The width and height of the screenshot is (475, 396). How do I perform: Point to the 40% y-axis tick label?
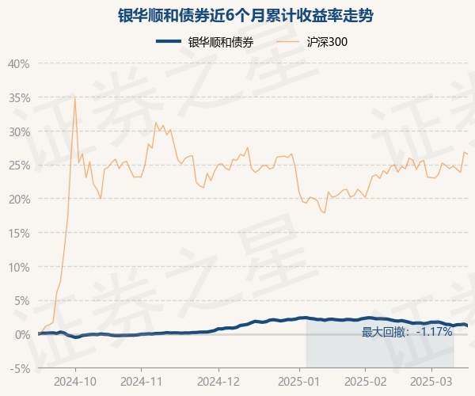pyautogui.click(x=18, y=63)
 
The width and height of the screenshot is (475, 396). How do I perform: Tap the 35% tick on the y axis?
pyautogui.click(x=18, y=97)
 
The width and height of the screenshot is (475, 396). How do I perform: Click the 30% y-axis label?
pyautogui.click(x=18, y=131)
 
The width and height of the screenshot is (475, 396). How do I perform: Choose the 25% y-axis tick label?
pyautogui.click(x=18, y=165)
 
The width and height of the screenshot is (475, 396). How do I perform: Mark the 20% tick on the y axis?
pyautogui.click(x=18, y=199)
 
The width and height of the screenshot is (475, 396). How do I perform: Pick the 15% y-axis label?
pyautogui.click(x=18, y=233)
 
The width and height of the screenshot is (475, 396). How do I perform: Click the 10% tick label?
pyautogui.click(x=18, y=267)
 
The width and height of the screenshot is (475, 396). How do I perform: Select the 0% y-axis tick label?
pyautogui.click(x=21, y=334)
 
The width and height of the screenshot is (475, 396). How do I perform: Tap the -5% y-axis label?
pyautogui.click(x=20, y=368)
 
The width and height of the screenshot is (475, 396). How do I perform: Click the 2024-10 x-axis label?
pyautogui.click(x=76, y=382)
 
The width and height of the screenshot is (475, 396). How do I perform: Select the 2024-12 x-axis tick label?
pyautogui.click(x=218, y=382)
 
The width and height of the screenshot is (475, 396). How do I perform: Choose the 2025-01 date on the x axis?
pyautogui.click(x=300, y=382)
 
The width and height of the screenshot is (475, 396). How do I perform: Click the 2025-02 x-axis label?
pyautogui.click(x=365, y=382)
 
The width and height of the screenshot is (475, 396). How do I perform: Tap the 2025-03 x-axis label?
pyautogui.click(x=431, y=382)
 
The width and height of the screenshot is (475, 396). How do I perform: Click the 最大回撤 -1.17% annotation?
pyautogui.click(x=407, y=332)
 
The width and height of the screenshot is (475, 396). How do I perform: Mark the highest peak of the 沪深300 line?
pyautogui.click(x=75, y=97)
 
